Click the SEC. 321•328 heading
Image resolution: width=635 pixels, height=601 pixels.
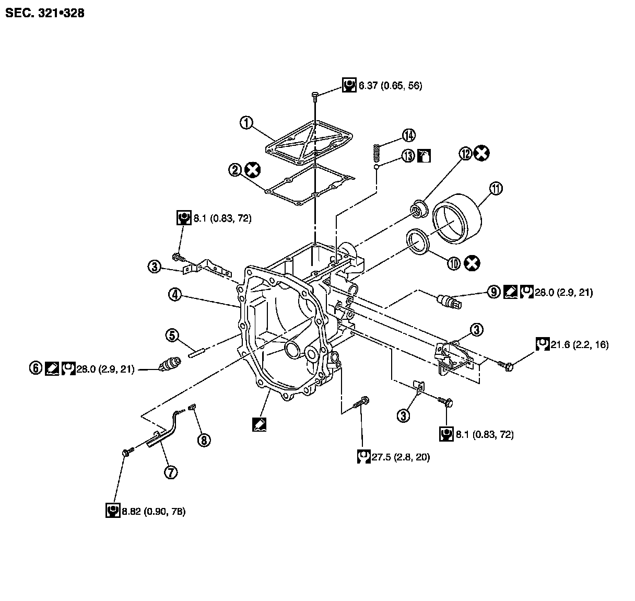44,13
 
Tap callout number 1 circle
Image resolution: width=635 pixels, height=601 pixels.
246,123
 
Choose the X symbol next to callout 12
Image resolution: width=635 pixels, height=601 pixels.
482,153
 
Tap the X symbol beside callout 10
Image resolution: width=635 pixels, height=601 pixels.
472,263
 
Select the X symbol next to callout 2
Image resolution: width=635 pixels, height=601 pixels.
253,169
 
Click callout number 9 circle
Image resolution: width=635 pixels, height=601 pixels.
494,292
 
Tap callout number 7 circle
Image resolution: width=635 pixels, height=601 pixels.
170,472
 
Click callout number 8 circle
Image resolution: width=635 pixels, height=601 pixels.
204,440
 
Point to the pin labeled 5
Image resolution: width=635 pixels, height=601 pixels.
198,351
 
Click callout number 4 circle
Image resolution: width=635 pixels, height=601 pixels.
175,295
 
